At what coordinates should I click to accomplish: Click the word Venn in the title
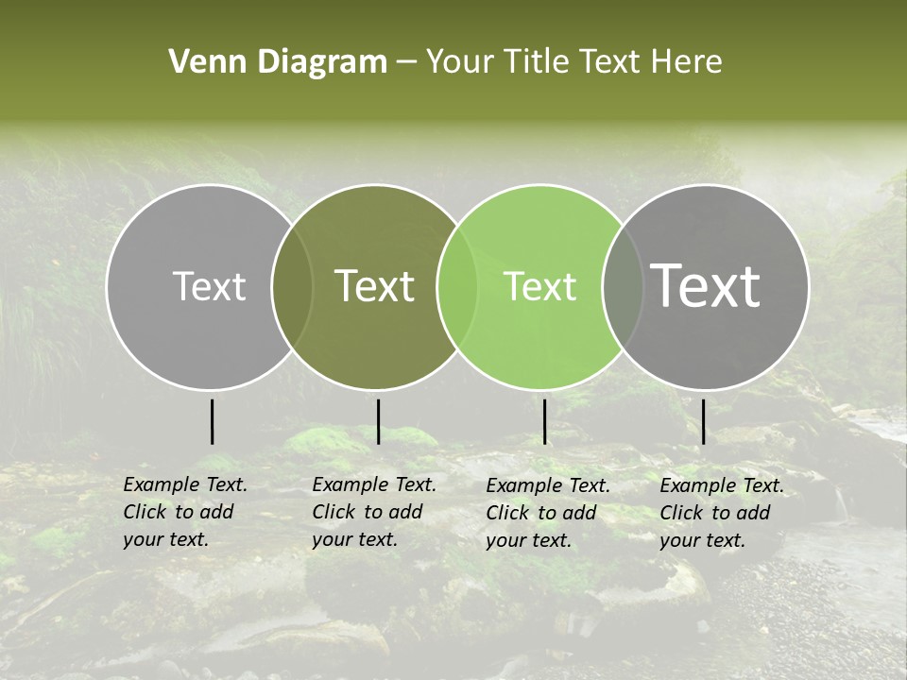(200, 62)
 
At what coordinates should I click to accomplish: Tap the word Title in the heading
(537, 62)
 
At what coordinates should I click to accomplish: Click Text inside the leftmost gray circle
(209, 286)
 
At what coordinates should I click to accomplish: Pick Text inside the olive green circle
(375, 286)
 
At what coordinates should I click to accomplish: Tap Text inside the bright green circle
(540, 286)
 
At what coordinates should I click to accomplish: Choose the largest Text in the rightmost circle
(706, 286)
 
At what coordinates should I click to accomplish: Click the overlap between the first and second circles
(292, 286)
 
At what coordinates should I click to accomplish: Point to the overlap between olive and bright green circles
(458, 286)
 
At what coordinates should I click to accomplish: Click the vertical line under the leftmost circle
(213, 421)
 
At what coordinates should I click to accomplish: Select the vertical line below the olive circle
(379, 421)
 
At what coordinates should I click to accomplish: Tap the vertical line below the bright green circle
(545, 421)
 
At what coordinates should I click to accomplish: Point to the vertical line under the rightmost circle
(704, 421)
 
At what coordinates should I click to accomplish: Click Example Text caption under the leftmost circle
(184, 512)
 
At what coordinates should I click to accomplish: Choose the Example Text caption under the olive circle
(373, 512)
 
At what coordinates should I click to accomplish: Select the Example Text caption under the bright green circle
(547, 513)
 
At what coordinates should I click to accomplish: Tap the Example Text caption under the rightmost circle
(721, 513)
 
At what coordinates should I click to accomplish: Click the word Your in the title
(459, 62)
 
